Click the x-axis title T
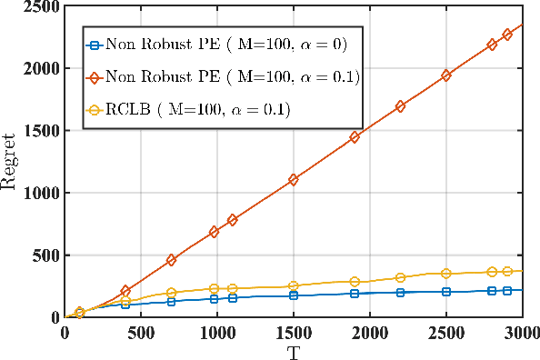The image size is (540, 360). coord(293,351)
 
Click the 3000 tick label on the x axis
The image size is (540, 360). coord(522,333)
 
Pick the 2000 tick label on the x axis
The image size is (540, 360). coord(369,333)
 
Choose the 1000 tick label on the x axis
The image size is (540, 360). coord(216,333)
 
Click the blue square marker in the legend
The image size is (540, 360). coord(91,42)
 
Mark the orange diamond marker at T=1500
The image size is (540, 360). coord(294,180)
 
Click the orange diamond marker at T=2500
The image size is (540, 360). coord(445,75)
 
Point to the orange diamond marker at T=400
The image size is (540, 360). coord(125,291)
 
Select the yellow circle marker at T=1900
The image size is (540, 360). coord(355,282)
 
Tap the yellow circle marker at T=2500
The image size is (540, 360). coord(445,274)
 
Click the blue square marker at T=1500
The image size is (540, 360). coord(294,295)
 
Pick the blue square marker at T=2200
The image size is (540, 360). coord(400,292)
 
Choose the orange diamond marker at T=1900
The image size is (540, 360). coord(355,137)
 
